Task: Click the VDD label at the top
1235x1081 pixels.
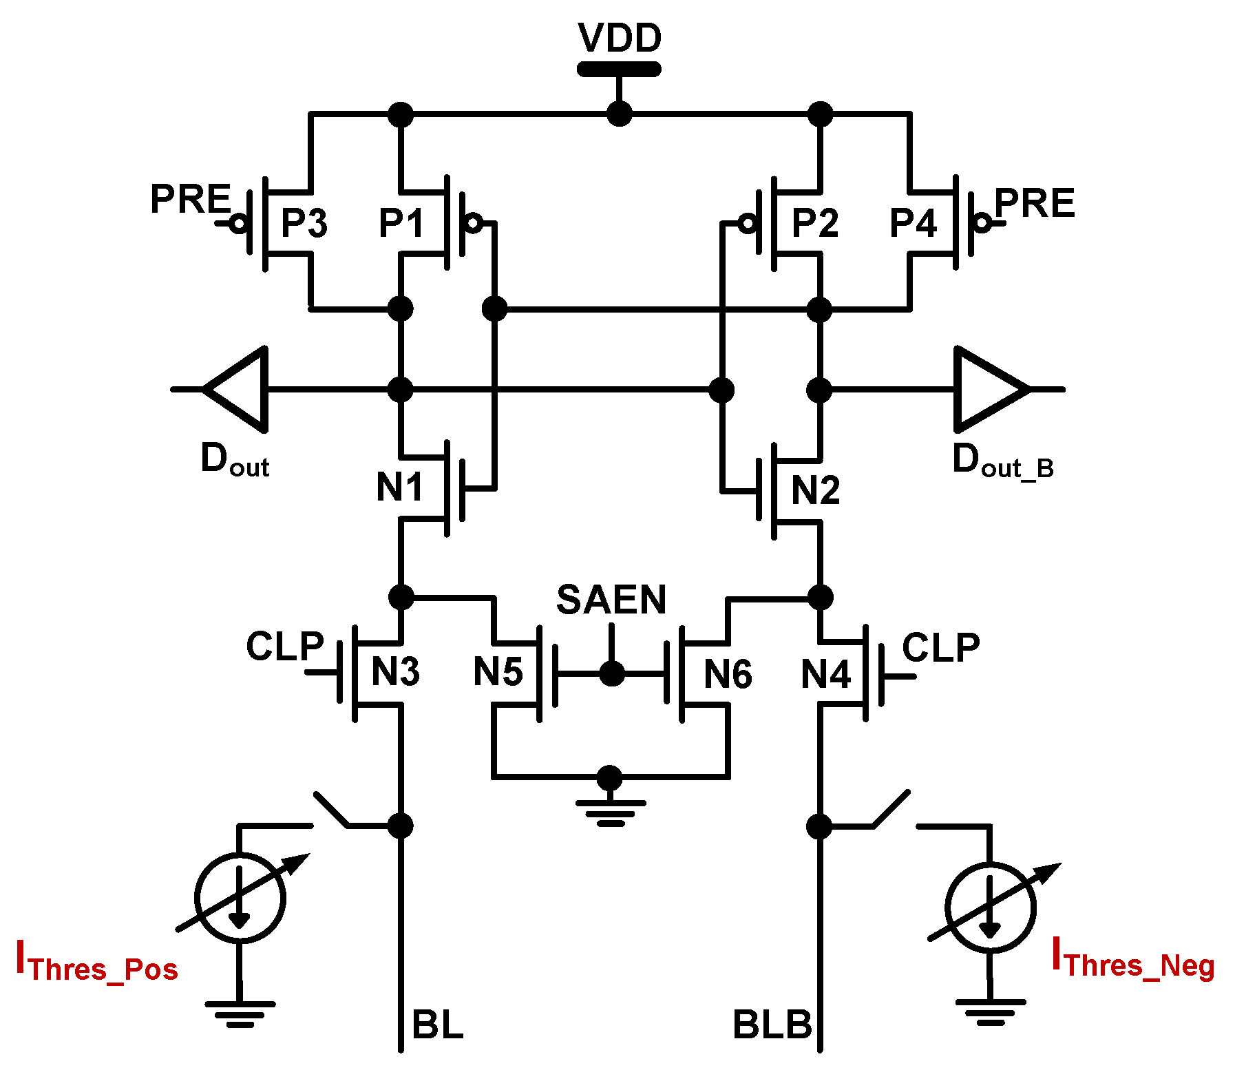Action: click(x=620, y=38)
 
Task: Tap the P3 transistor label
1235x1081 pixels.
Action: click(x=304, y=223)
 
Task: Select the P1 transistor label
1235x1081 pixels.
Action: click(x=401, y=223)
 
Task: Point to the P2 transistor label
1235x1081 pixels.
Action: click(x=815, y=223)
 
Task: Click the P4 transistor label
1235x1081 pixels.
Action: click(x=914, y=223)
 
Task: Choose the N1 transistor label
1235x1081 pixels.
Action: click(x=399, y=487)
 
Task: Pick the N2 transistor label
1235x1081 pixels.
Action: click(x=815, y=490)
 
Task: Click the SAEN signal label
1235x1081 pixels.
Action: click(x=611, y=600)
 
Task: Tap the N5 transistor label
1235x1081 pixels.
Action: click(x=498, y=672)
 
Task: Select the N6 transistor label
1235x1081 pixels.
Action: click(x=728, y=674)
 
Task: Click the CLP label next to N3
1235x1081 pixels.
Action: click(x=284, y=647)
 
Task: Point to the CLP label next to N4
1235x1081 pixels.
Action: click(x=940, y=648)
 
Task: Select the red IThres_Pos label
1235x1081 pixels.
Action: click(x=96, y=962)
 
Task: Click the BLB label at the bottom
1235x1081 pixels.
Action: click(x=772, y=1025)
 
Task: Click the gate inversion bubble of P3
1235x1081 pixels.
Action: click(x=239, y=223)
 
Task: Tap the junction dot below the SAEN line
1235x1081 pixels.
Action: click(x=611, y=673)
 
